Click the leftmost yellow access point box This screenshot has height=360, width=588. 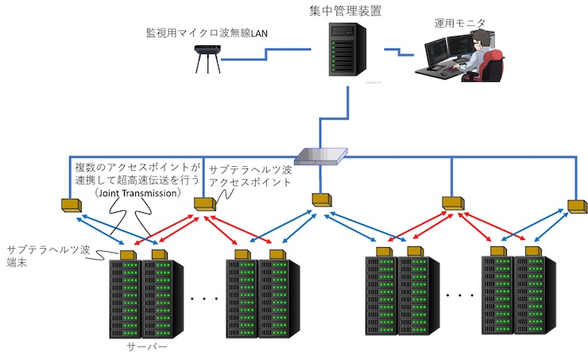click(x=72, y=205)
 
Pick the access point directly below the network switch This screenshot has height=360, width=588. click(x=321, y=198)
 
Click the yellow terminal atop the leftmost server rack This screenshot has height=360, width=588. click(x=127, y=254)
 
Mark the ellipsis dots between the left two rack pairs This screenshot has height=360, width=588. click(x=204, y=299)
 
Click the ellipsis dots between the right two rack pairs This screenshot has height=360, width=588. click(x=458, y=295)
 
